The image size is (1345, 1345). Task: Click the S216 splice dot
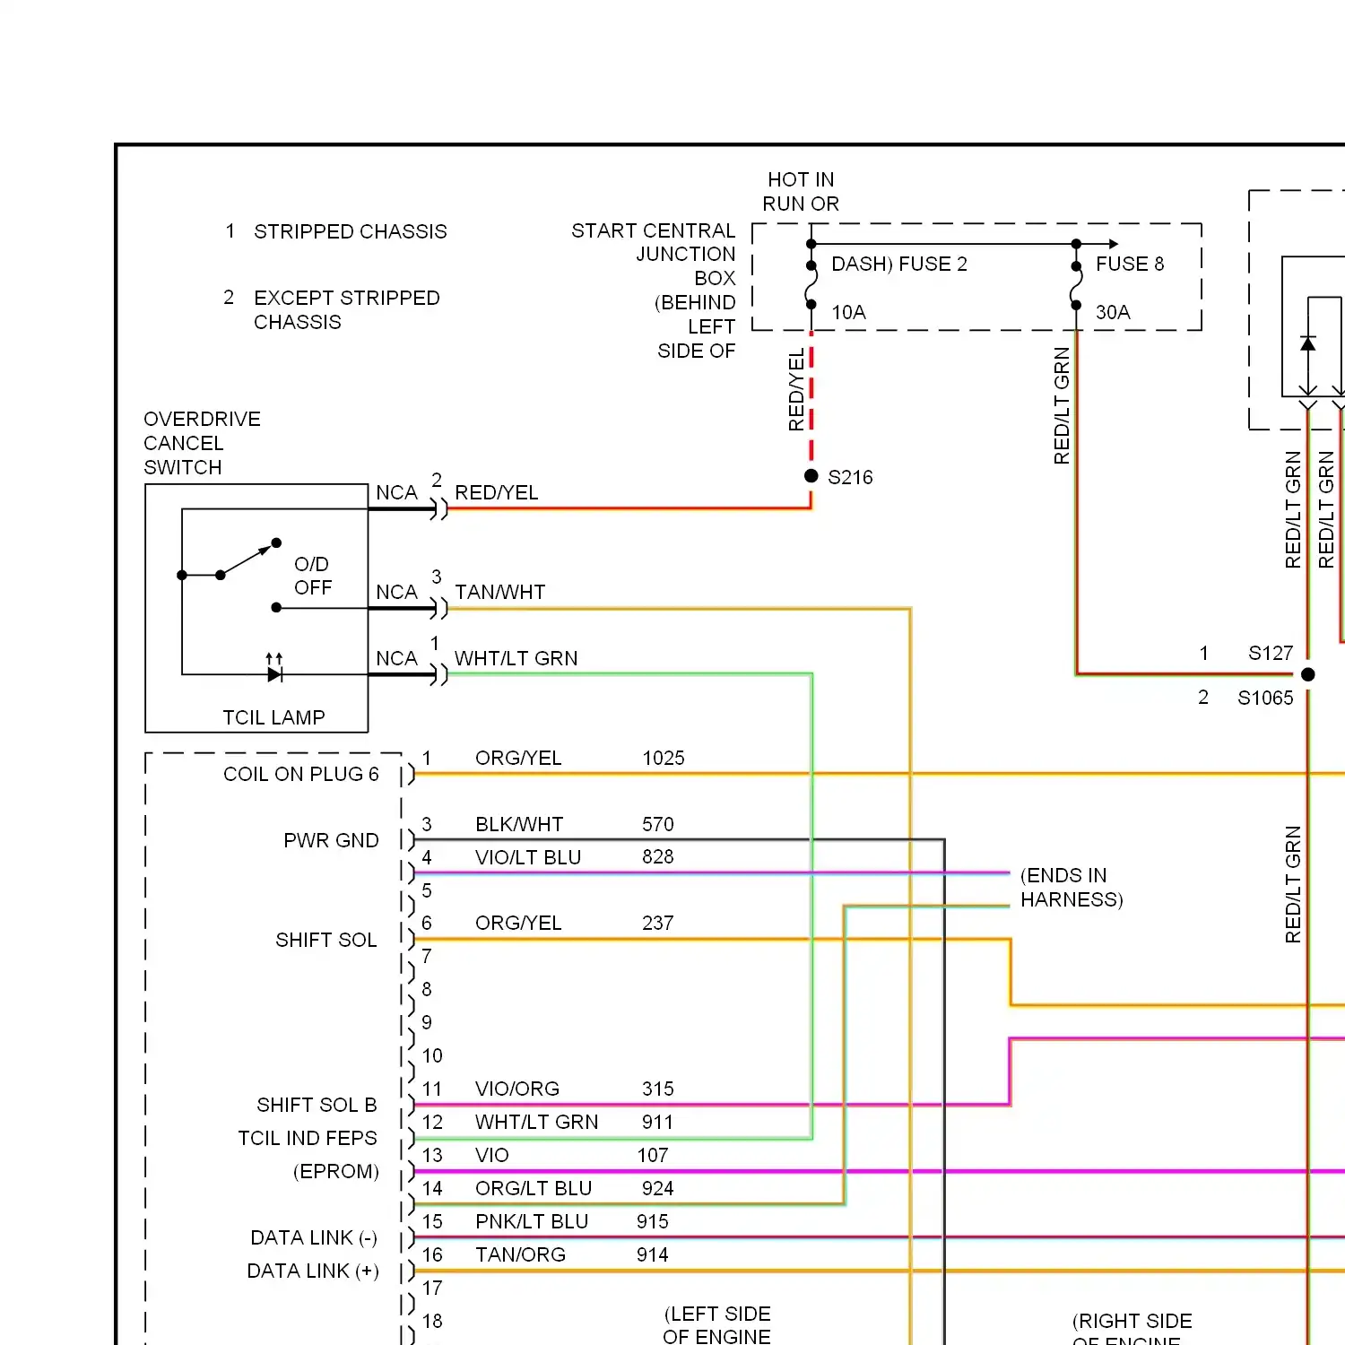click(811, 476)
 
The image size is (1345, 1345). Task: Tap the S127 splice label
click(1271, 653)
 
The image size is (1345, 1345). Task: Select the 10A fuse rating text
click(848, 312)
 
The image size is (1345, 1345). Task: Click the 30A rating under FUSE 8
click(1113, 312)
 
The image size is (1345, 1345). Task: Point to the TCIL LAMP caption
click(273, 717)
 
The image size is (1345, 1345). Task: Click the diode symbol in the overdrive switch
click(274, 673)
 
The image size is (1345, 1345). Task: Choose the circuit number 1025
click(664, 758)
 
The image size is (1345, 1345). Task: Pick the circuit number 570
click(658, 824)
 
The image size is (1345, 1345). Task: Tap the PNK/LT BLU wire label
click(532, 1221)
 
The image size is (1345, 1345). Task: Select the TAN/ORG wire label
click(520, 1254)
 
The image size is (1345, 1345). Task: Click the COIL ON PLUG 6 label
click(301, 774)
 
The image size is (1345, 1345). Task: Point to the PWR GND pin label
click(331, 840)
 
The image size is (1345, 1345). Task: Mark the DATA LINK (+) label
click(313, 1271)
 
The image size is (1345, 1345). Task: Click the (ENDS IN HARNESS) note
click(1072, 888)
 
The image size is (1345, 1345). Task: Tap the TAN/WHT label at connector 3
click(500, 592)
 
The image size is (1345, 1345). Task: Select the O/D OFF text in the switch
click(312, 576)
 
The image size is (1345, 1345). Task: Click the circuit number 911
click(658, 1122)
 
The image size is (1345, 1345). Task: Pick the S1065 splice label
click(1265, 698)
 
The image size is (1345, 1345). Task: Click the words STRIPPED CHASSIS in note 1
click(351, 231)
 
